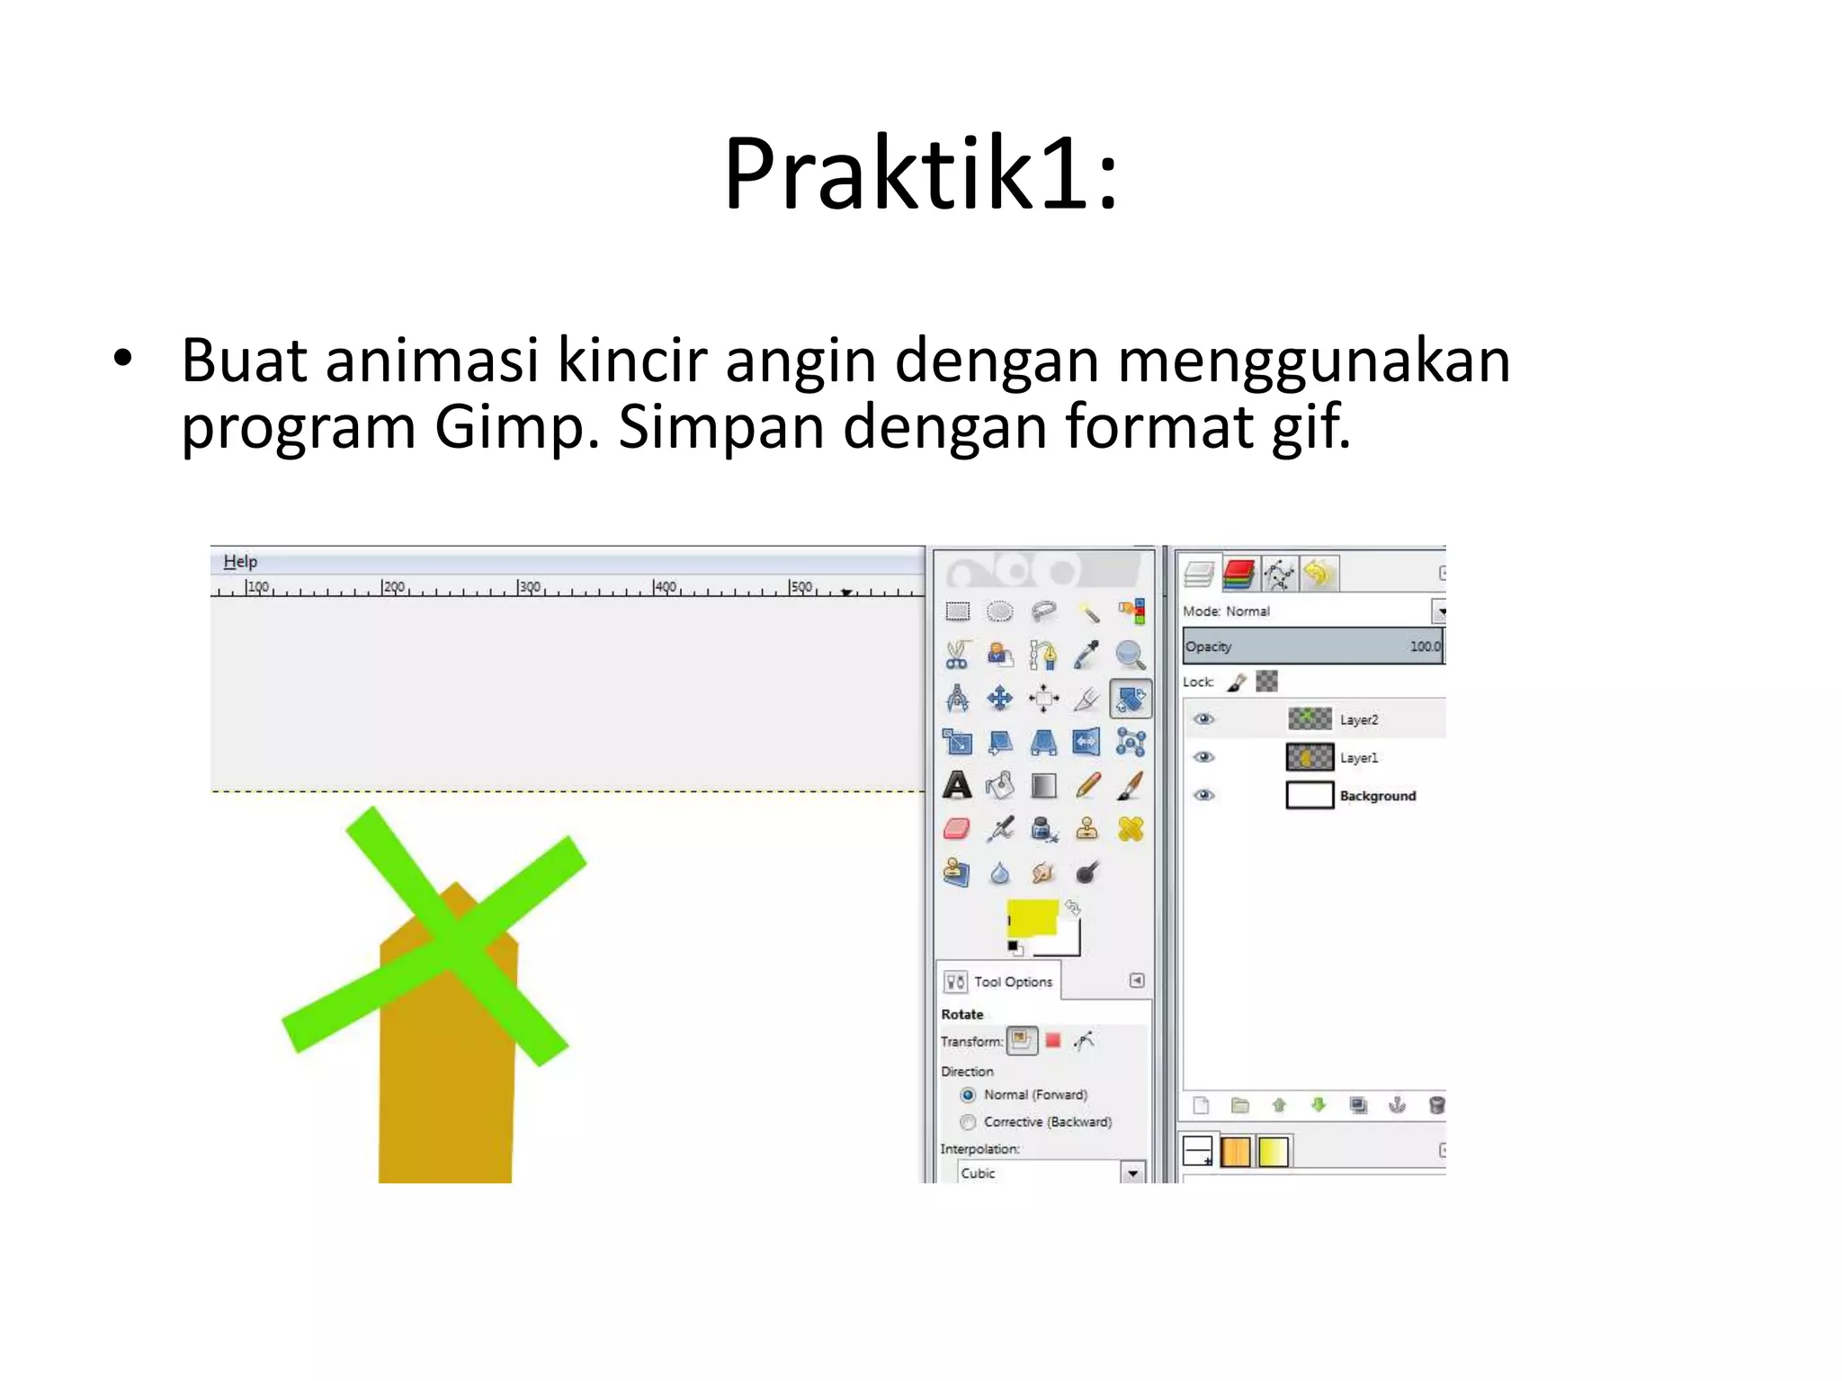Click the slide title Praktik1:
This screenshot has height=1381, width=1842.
(x=920, y=173)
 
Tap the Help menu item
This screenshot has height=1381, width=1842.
(x=240, y=562)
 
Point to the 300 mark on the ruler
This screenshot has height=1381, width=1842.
(x=529, y=587)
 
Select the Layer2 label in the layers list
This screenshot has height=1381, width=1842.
(x=1358, y=720)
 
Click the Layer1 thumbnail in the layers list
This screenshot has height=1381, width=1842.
(x=1310, y=758)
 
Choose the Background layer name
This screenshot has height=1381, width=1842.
(x=1377, y=797)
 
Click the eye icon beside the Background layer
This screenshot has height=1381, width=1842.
(x=1204, y=796)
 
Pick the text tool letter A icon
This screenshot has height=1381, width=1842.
(x=957, y=787)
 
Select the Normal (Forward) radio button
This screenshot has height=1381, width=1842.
(x=968, y=1095)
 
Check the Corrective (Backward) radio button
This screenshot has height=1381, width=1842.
(x=968, y=1122)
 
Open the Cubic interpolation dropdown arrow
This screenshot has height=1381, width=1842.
(x=1132, y=1173)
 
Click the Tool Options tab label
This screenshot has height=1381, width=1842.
(x=1013, y=982)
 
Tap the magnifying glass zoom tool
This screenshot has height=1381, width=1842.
(x=1130, y=655)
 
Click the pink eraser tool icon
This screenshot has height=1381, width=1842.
(x=957, y=829)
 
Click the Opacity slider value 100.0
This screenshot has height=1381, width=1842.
(x=1425, y=646)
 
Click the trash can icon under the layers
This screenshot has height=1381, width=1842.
(x=1436, y=1105)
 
